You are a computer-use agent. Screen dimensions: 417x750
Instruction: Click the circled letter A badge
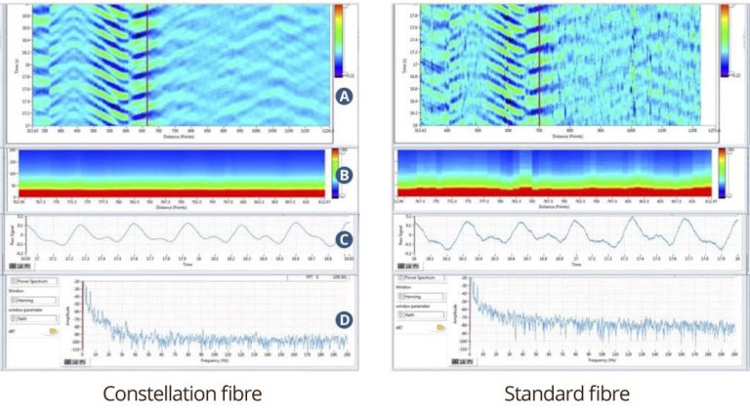343,96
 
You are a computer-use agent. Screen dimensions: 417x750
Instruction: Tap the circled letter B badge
343,178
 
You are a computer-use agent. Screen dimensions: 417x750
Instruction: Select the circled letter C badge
343,238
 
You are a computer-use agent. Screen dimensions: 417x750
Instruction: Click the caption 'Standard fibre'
566,394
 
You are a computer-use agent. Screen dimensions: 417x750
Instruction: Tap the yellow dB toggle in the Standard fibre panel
441,329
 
